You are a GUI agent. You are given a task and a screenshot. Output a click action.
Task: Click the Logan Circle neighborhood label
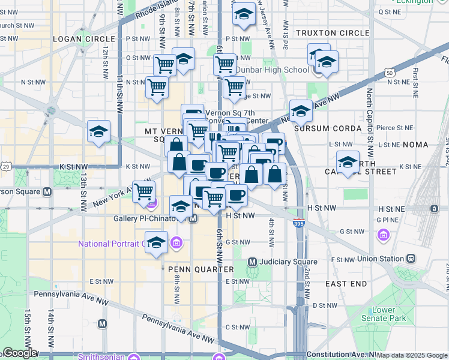75,39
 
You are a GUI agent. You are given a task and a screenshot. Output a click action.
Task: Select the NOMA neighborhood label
417,145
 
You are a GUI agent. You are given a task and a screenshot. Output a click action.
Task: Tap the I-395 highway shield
298,223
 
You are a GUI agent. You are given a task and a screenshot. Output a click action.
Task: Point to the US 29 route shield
5,165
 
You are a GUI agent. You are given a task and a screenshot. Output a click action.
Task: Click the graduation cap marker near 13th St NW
98,131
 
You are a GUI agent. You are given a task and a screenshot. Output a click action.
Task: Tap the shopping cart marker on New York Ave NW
144,190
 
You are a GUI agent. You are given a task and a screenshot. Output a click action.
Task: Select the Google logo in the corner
19,353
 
